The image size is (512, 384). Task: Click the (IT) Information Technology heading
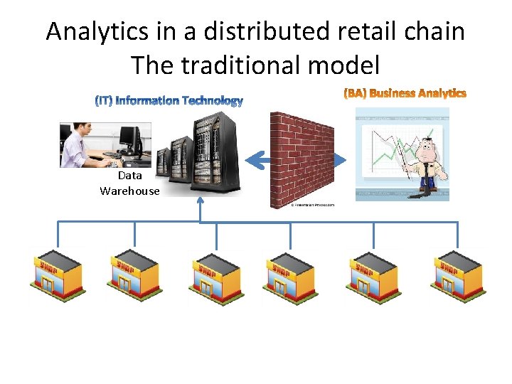169,101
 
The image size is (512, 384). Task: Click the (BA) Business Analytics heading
405,93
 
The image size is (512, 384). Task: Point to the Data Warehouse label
129,183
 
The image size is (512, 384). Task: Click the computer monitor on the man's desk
129,135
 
